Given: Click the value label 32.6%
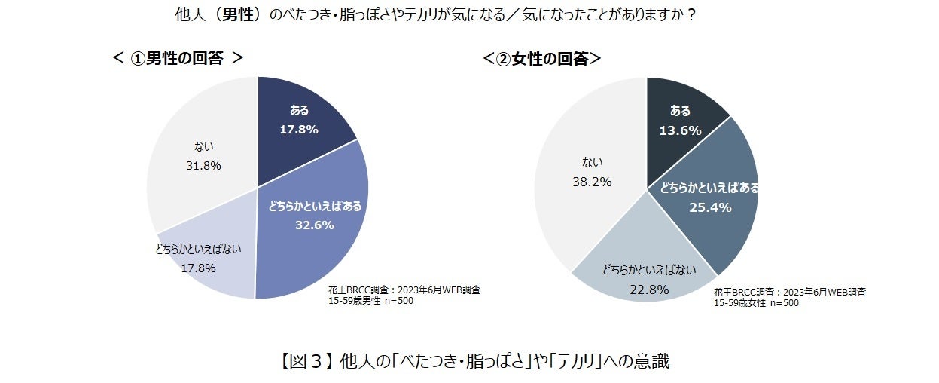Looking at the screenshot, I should click(x=315, y=225).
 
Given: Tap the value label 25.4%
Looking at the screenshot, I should click(x=710, y=207).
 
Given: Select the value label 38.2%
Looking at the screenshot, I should click(x=591, y=182).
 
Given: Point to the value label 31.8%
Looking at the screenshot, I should click(x=203, y=166).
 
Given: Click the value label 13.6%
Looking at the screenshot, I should click(x=680, y=130).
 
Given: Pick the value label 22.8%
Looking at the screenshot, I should click(x=648, y=289).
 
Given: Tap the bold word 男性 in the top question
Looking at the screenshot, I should click(x=236, y=15).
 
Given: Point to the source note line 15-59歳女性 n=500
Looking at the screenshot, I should click(x=756, y=303).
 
